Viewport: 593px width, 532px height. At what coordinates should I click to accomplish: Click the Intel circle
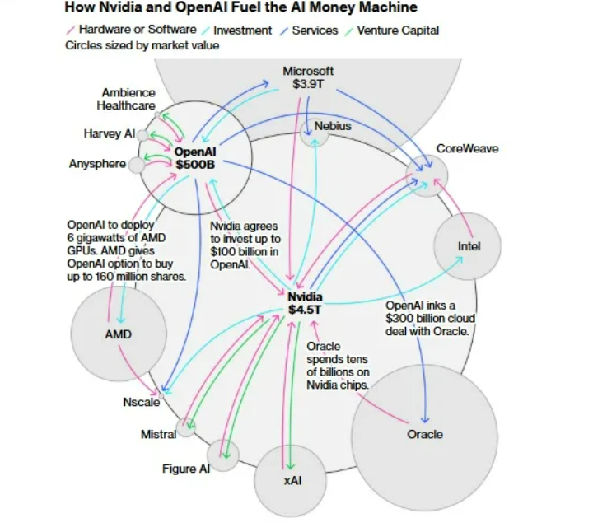(468, 246)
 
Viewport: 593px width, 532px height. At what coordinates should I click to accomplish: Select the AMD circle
(119, 333)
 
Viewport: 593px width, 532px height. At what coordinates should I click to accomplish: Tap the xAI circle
(290, 481)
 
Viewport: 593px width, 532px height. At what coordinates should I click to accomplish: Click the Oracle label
(425, 434)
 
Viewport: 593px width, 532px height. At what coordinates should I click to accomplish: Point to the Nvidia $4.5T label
(305, 303)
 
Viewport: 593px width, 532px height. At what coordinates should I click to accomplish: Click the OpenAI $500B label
(195, 158)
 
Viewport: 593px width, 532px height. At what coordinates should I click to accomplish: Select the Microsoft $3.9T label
(308, 77)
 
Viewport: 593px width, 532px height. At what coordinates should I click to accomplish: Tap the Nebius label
(333, 126)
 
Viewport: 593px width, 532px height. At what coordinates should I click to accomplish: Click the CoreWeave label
(468, 148)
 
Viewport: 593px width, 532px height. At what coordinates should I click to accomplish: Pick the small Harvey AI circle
(142, 135)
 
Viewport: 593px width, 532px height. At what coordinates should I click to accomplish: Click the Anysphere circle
(137, 166)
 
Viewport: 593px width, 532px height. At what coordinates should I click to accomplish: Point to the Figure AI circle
(223, 455)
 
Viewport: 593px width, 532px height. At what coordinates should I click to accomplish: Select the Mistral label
(158, 434)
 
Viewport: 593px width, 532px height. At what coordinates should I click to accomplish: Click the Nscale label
(142, 402)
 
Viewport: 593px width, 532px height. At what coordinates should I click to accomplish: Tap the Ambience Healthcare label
(126, 99)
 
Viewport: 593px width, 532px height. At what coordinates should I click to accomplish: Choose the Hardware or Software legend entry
(132, 30)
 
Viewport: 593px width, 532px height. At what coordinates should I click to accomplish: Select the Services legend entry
(309, 30)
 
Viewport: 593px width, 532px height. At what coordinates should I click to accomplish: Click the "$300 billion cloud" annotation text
(431, 319)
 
